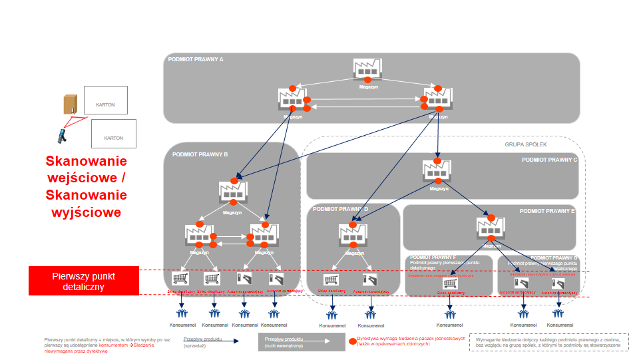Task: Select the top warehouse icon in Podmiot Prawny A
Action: pyautogui.click(x=367, y=69)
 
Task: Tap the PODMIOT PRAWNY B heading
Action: pyautogui.click(x=200, y=154)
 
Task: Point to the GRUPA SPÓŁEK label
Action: pyautogui.click(x=525, y=144)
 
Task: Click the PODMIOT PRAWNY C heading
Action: pyautogui.click(x=549, y=160)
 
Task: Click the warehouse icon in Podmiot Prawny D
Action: pyautogui.click(x=353, y=234)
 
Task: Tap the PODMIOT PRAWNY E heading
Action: pyautogui.click(x=547, y=211)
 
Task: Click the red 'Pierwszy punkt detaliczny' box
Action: pyautogui.click(x=84, y=280)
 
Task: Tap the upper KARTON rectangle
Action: pyautogui.click(x=106, y=100)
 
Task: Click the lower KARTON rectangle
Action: pyautogui.click(x=113, y=134)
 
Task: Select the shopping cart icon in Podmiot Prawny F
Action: pyautogui.click(x=450, y=283)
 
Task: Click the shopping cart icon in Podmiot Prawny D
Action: pyautogui.click(x=331, y=280)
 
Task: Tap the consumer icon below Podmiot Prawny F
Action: pyautogui.click(x=450, y=314)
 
